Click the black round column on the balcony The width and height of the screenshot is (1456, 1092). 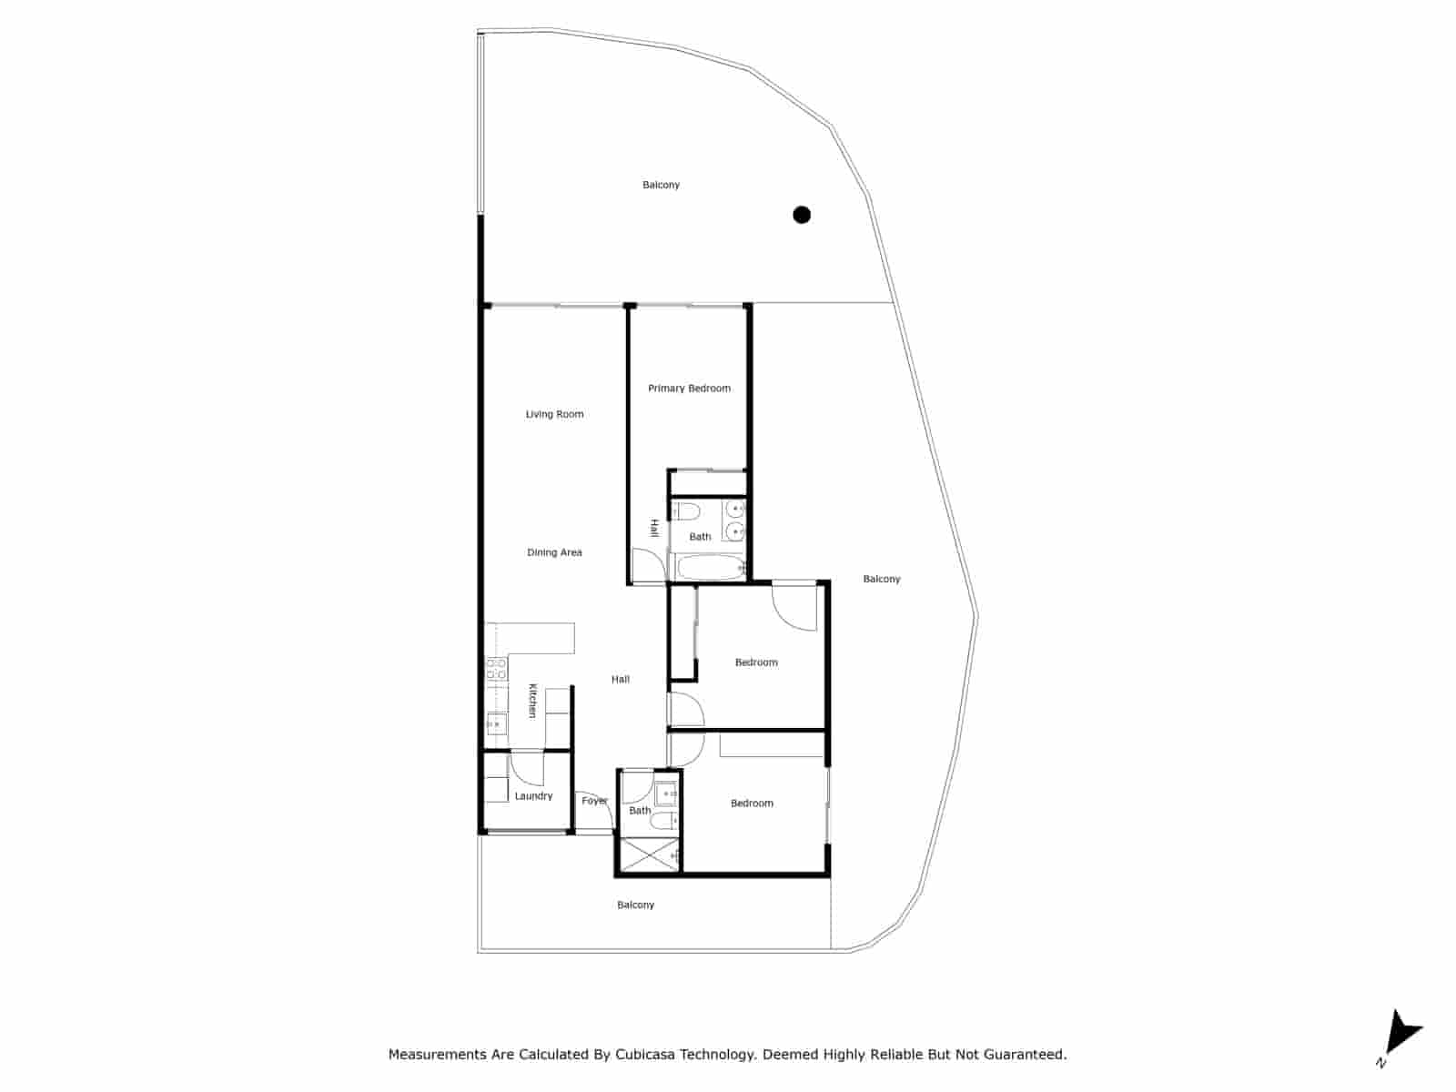click(x=802, y=215)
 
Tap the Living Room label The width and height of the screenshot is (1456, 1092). click(x=554, y=414)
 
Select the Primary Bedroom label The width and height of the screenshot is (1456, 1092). click(x=689, y=389)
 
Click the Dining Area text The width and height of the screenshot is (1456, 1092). click(x=554, y=552)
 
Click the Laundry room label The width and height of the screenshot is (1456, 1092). click(x=533, y=796)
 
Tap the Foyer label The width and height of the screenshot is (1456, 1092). click(x=594, y=801)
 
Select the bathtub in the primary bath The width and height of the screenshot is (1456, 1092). click(x=709, y=569)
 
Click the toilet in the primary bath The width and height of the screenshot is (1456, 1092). click(x=685, y=511)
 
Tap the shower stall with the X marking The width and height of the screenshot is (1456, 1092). click(x=648, y=855)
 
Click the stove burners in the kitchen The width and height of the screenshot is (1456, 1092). click(x=496, y=670)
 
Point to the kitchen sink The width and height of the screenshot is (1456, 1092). click(x=495, y=724)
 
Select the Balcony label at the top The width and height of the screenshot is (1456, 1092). click(x=661, y=185)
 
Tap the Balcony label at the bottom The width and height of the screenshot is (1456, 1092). click(x=635, y=905)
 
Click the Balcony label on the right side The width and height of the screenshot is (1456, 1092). click(x=881, y=579)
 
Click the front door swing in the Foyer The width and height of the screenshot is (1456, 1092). click(x=591, y=810)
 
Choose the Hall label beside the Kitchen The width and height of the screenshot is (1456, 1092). click(x=620, y=679)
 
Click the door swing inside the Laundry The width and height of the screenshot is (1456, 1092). click(x=526, y=769)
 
